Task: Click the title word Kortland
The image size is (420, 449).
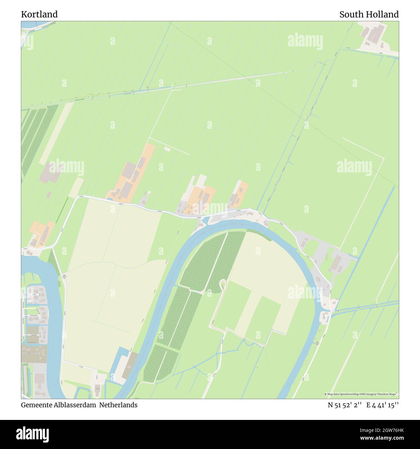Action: point(39,14)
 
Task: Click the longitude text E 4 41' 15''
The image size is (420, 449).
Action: point(383,405)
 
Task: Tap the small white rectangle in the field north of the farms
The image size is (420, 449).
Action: point(167,149)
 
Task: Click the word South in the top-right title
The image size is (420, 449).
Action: point(352,14)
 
